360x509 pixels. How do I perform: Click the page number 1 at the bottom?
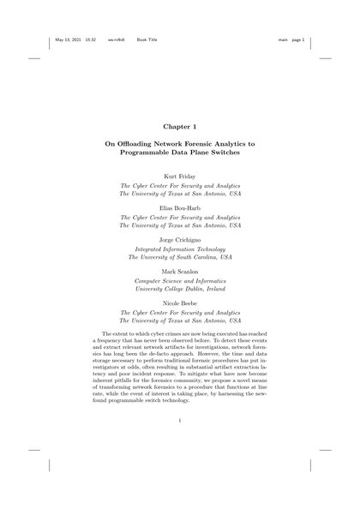tap(180, 422)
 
